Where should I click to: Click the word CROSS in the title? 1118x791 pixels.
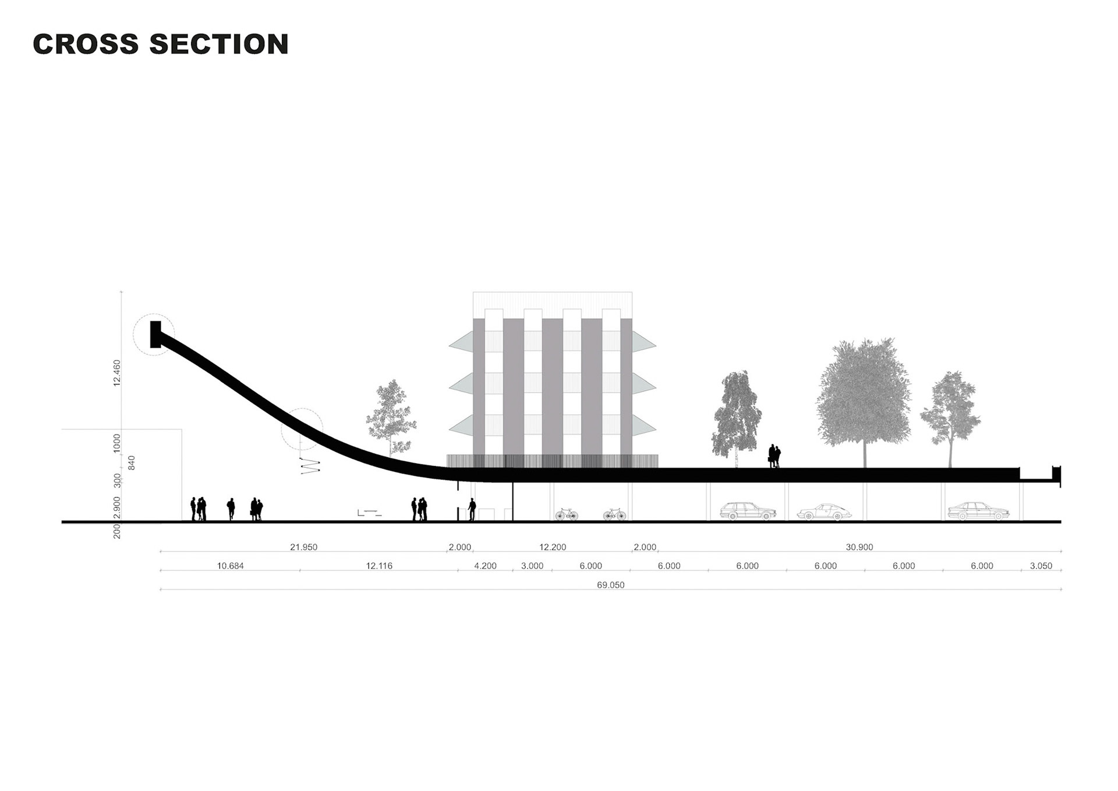tap(86, 44)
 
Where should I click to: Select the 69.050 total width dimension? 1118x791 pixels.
tap(610, 585)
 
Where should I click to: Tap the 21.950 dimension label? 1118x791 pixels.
tap(303, 547)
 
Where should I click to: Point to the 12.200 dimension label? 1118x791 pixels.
tap(552, 547)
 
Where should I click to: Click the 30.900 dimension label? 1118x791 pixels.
tap(859, 547)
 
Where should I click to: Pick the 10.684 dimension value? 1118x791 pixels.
tap(230, 566)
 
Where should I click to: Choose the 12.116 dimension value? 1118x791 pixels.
tap(379, 566)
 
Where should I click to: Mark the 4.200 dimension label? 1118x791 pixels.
tap(485, 566)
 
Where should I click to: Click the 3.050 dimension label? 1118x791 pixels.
tap(1041, 566)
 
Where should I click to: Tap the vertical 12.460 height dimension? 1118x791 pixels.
tap(117, 373)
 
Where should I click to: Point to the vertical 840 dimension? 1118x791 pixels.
tap(132, 463)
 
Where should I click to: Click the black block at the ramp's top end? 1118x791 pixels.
tap(155, 334)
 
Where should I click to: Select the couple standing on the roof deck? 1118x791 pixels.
tap(774, 456)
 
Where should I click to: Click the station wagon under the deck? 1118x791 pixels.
tap(748, 511)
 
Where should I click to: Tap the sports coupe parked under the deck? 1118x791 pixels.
tap(824, 512)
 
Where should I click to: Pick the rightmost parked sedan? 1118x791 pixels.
tap(978, 511)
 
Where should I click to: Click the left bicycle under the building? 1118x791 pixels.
tap(566, 514)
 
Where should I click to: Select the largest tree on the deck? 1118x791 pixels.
tap(864, 396)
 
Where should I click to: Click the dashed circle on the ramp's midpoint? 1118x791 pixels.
tap(302, 429)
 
